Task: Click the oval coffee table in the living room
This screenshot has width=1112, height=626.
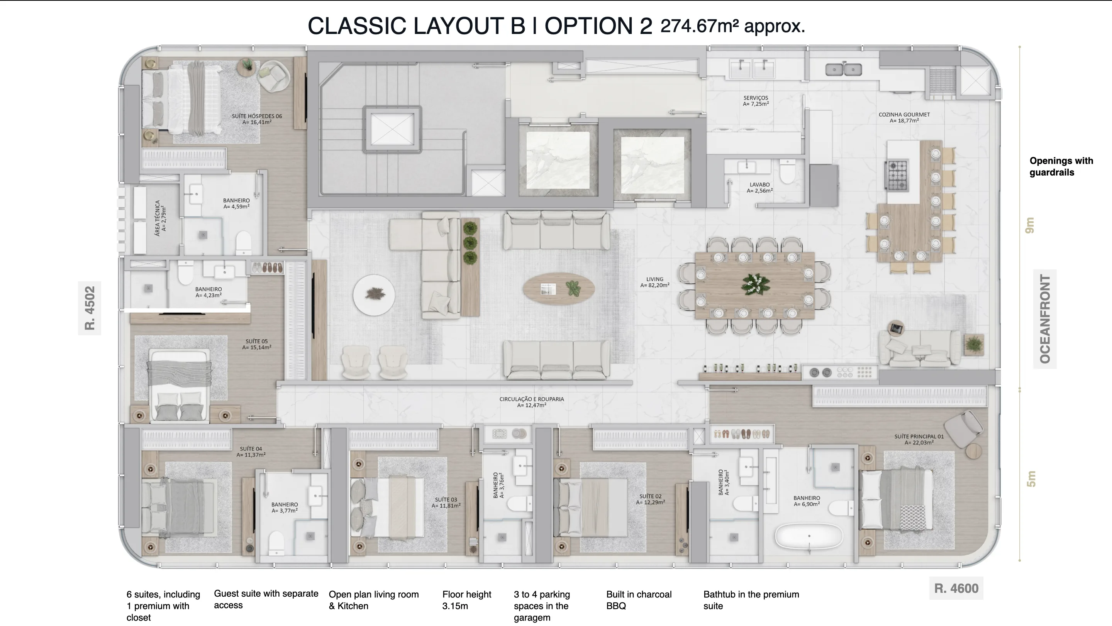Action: coord(559,289)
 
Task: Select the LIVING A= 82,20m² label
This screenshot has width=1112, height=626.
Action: coord(655,282)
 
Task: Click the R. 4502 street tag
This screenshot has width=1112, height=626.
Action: coord(89,308)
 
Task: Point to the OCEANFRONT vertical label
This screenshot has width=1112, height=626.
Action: coord(1045,319)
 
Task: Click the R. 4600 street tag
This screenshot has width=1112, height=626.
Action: coord(956,588)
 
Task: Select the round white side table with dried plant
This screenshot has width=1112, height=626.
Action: coord(373,294)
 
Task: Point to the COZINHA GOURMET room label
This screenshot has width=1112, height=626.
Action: coord(904,117)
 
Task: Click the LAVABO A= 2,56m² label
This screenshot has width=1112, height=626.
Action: coord(760,187)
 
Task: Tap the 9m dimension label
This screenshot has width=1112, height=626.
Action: coord(1030,225)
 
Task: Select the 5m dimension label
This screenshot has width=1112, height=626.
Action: coord(1031,479)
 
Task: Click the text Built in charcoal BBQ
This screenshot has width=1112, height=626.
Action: coord(639,600)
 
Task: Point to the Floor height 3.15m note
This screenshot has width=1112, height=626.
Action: coord(467,600)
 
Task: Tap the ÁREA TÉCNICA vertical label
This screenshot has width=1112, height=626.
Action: coord(160,218)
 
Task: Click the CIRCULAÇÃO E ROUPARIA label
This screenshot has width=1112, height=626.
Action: coord(532,402)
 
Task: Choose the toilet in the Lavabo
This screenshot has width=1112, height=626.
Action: coord(788,171)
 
